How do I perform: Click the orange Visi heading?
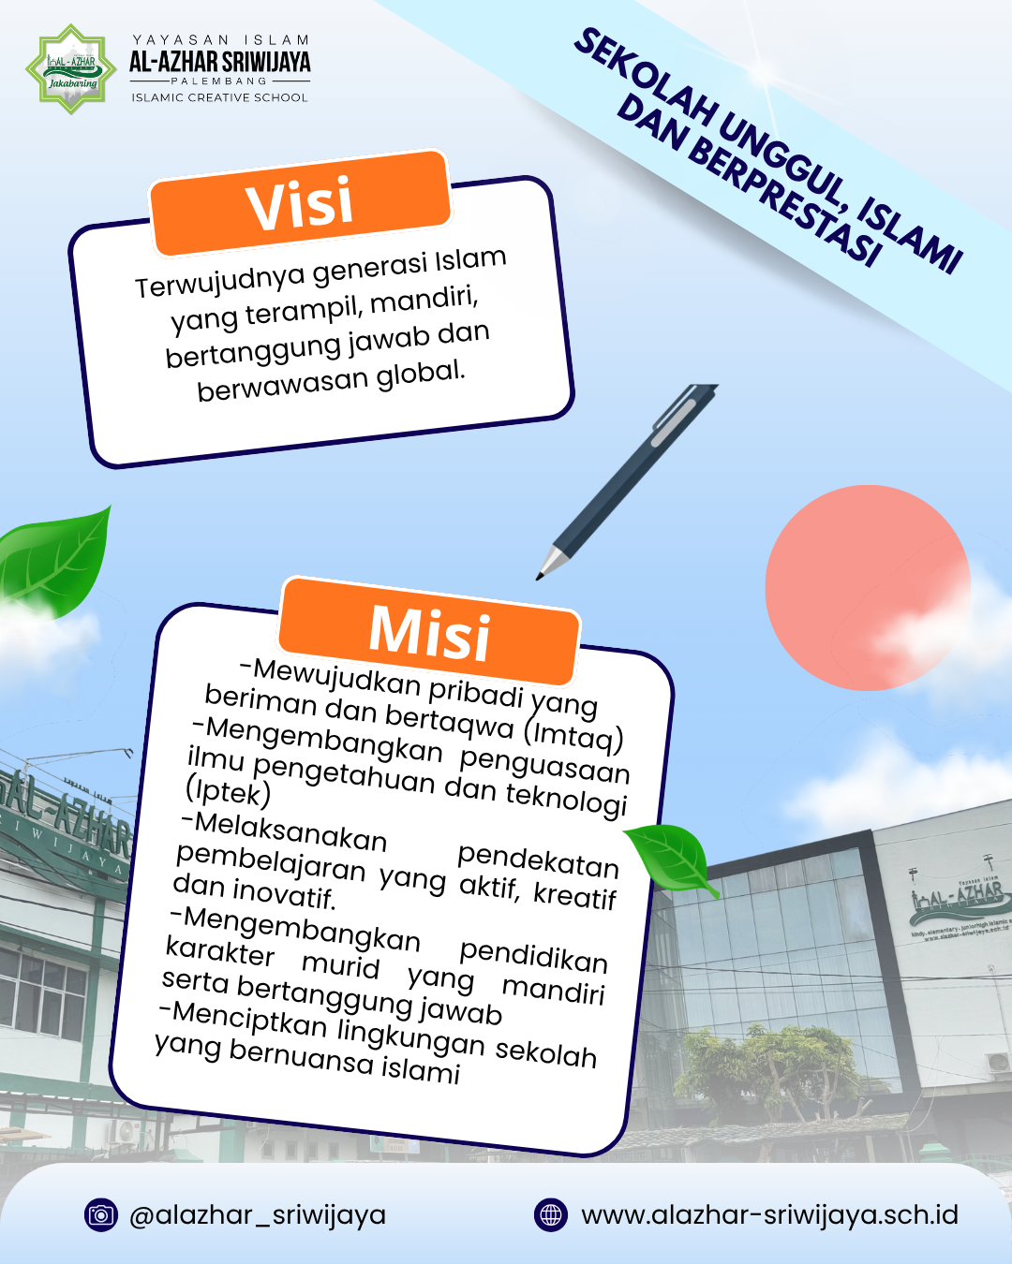pos(301,202)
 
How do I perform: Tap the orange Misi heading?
pos(429,632)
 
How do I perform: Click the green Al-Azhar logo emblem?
pos(71,69)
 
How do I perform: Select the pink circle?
pos(867,587)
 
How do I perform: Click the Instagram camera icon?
pos(100,1215)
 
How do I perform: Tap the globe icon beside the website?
pos(551,1215)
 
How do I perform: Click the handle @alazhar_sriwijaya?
pos(258,1215)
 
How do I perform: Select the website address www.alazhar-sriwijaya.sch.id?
pos(769,1215)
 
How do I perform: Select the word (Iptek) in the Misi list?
pos(228,792)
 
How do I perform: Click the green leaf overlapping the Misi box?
pos(672,857)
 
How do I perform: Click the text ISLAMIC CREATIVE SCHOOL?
pos(219,97)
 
